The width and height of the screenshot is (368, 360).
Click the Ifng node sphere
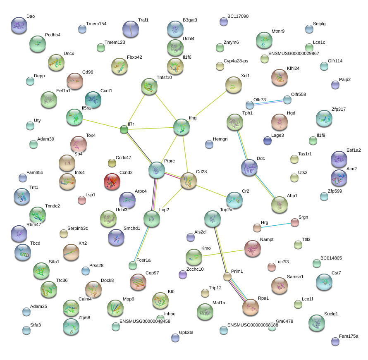(182, 127)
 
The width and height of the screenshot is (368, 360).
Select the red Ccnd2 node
(112, 181)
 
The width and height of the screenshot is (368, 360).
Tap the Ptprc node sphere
(157, 169)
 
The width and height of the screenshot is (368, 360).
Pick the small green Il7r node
(124, 130)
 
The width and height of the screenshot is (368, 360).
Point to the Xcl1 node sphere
(234, 85)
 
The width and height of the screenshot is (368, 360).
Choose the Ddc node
(249, 167)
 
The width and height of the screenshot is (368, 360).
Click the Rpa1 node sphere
(251, 307)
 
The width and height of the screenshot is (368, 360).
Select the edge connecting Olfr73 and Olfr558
(268, 102)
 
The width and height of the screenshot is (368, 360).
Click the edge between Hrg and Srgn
(276, 225)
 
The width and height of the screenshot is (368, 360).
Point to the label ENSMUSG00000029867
(294, 54)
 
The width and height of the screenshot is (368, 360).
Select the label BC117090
(238, 17)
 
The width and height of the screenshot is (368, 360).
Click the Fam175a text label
(348, 336)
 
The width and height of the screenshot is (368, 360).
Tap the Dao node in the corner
(19, 25)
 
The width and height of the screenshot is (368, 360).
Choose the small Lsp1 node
(82, 200)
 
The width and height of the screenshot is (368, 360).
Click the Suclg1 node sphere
(316, 322)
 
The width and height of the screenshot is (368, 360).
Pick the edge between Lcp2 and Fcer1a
(142, 242)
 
